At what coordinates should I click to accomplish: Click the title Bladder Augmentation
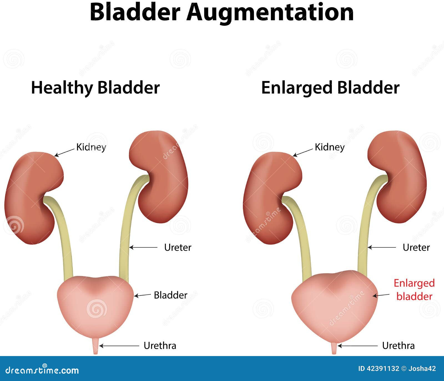click(x=222, y=12)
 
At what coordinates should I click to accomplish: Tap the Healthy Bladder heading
click(x=95, y=88)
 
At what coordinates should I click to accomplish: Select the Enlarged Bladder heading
click(x=330, y=88)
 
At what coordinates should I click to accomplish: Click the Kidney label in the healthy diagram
click(x=91, y=147)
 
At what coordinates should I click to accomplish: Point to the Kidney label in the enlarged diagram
click(x=329, y=147)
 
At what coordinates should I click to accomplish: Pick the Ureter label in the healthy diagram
click(x=178, y=247)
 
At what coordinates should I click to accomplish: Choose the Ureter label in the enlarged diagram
click(x=416, y=247)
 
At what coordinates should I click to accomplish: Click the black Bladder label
click(x=170, y=295)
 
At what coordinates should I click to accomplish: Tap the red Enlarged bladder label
click(x=414, y=289)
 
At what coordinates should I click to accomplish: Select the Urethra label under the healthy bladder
click(x=160, y=346)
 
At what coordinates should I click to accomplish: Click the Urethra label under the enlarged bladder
click(x=398, y=346)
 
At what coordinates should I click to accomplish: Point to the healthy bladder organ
click(x=95, y=305)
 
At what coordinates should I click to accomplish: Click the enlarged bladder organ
click(x=334, y=305)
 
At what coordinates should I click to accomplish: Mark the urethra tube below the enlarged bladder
click(x=334, y=348)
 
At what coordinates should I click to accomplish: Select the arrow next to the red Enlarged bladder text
click(x=381, y=296)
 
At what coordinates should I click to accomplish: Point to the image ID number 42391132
click(x=383, y=369)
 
